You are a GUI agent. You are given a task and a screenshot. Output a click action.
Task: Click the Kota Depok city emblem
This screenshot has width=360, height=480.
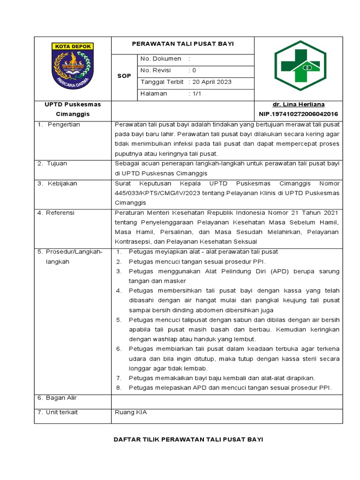[x=72, y=66]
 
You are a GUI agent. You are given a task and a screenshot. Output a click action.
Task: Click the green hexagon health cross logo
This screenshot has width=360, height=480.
[x=298, y=68]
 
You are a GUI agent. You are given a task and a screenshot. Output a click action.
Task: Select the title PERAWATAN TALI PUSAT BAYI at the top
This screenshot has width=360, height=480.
[x=182, y=44]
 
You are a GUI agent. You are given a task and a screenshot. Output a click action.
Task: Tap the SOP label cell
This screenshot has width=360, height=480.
[x=124, y=76]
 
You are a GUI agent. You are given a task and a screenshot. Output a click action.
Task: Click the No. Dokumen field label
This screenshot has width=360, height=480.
[x=160, y=59]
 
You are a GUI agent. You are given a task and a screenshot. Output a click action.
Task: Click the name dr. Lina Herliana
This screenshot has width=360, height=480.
[x=298, y=104]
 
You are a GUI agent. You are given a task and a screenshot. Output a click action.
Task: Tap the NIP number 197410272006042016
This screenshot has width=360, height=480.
[x=298, y=114]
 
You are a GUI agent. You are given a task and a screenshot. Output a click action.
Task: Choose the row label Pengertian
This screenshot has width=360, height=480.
[x=64, y=124]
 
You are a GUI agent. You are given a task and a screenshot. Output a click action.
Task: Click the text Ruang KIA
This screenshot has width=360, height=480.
[x=131, y=412]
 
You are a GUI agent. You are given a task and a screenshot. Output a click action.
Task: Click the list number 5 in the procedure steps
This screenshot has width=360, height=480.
[x=119, y=320]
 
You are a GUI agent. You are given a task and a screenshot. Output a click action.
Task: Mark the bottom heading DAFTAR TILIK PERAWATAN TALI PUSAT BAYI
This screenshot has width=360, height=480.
[x=189, y=439]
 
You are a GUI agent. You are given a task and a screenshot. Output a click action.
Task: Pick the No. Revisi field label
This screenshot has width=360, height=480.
[x=157, y=70]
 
